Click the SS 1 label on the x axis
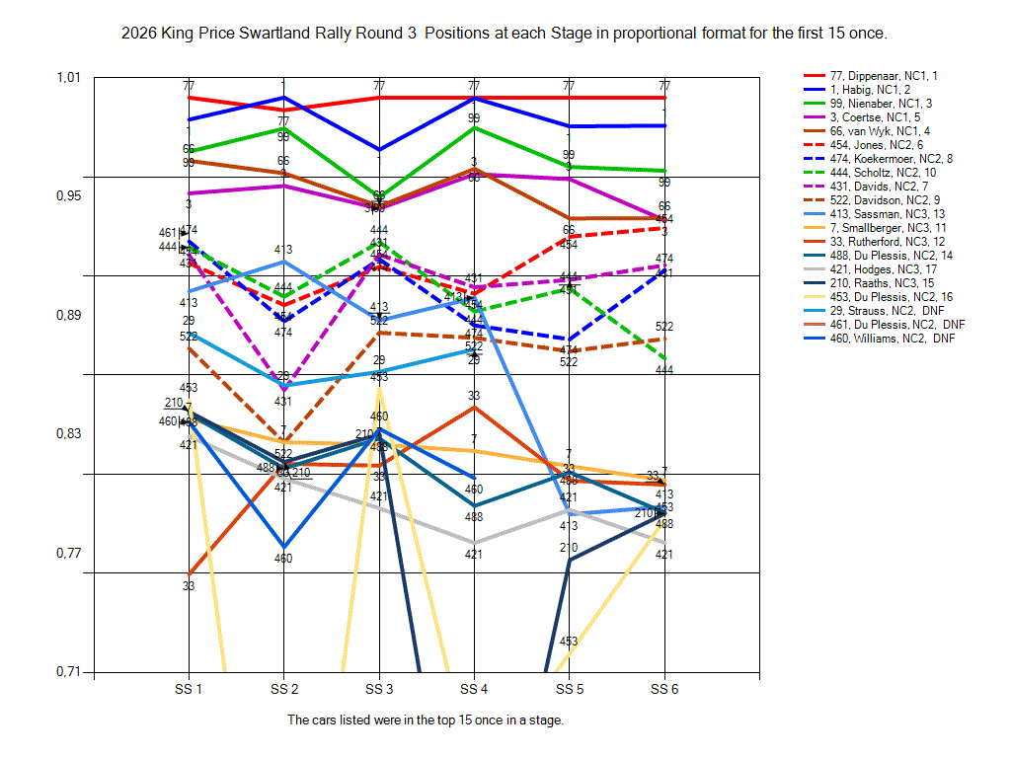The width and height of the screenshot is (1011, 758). click(x=189, y=689)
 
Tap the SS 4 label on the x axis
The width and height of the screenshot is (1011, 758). click(x=473, y=689)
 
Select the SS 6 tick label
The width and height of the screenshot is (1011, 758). click(x=663, y=689)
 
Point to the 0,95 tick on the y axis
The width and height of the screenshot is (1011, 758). click(x=71, y=195)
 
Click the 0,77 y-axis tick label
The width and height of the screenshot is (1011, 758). click(x=71, y=553)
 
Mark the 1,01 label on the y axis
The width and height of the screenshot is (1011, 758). click(x=71, y=77)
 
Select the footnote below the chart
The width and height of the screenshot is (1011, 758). click(x=426, y=720)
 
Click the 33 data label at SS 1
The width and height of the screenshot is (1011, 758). click(x=189, y=586)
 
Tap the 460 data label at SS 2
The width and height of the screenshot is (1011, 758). click(x=283, y=559)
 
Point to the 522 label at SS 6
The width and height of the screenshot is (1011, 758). click(x=664, y=327)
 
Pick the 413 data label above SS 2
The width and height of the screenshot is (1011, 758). click(x=283, y=250)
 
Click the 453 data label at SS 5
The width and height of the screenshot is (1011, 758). click(x=569, y=642)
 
